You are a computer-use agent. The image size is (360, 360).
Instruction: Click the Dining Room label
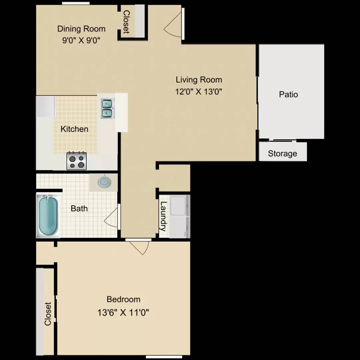[81, 29]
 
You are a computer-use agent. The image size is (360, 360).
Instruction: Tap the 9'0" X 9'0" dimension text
[81, 41]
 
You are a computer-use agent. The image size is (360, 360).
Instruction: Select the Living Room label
[199, 80]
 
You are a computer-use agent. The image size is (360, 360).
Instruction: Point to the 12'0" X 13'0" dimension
[199, 92]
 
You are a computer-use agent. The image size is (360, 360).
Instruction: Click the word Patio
[288, 94]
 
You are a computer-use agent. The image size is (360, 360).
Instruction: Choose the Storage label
[282, 154]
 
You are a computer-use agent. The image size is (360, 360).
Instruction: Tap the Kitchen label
[74, 129]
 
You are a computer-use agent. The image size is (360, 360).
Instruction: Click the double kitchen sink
[107, 109]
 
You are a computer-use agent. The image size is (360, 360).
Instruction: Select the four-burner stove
[76, 161]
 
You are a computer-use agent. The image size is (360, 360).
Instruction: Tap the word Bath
[79, 208]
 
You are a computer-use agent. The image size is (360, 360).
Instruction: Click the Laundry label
[163, 216]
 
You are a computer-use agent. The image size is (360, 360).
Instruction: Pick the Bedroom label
[124, 299]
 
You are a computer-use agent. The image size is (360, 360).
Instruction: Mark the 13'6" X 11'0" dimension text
[123, 312]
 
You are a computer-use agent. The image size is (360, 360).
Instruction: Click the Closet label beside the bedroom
[48, 314]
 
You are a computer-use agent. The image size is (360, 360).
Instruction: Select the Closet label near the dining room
[126, 22]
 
